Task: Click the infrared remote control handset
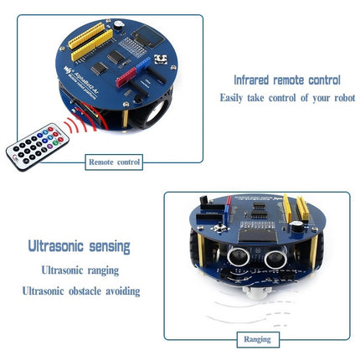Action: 36,145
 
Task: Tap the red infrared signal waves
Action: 76,124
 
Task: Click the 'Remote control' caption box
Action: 115,162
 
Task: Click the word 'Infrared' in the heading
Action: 253,81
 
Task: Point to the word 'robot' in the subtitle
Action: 341,98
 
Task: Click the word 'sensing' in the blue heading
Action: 108,247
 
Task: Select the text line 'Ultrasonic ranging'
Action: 80,270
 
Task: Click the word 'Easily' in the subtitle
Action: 234,98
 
